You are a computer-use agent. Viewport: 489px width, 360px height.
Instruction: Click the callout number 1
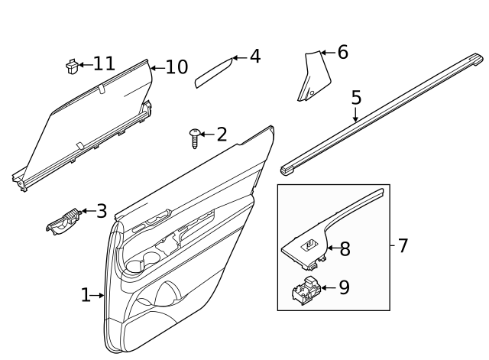tap(86, 294)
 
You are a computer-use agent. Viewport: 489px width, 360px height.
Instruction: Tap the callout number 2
tap(222, 135)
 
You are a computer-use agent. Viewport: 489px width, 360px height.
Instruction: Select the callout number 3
tap(101, 211)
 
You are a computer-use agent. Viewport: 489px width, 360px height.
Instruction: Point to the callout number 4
tap(254, 57)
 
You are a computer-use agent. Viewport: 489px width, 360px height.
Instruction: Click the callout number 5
tap(356, 98)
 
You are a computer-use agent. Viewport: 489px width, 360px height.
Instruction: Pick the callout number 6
tap(342, 53)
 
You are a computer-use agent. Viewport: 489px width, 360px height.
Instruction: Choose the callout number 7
tap(403, 246)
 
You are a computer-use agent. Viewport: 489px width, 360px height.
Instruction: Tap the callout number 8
tap(345, 248)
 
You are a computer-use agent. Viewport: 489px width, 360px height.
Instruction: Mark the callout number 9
tap(344, 287)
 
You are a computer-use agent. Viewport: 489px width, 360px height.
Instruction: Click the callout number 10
tap(176, 67)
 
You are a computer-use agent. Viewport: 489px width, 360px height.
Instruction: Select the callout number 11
tap(104, 63)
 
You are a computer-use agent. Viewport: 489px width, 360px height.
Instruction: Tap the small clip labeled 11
tap(73, 66)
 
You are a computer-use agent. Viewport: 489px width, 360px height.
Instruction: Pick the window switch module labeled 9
tap(306, 291)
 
